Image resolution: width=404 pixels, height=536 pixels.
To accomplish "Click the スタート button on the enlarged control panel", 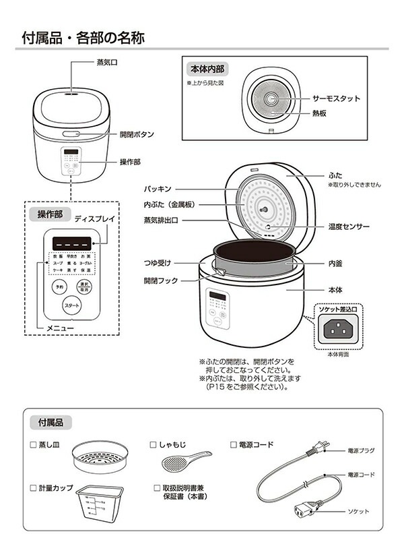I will [x=71, y=305].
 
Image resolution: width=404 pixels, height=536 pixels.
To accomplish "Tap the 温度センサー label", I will [x=349, y=227].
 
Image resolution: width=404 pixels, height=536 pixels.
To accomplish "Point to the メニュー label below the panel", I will [x=60, y=328].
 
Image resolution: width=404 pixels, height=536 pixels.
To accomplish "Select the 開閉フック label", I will [x=160, y=280].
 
